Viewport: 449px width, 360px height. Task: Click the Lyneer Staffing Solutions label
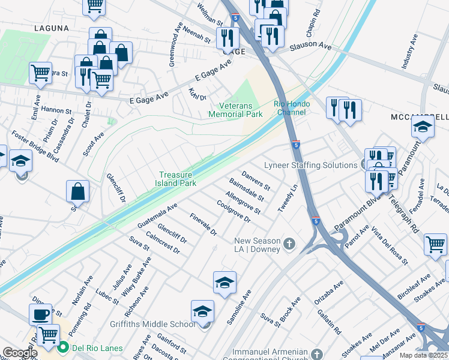pos(310,165)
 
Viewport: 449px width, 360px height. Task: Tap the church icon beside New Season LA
pos(289,244)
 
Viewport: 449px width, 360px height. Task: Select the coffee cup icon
pos(41,314)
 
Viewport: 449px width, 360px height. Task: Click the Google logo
pos(19,353)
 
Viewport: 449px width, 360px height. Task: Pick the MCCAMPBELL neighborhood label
pos(421,116)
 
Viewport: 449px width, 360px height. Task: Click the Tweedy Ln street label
pos(288,198)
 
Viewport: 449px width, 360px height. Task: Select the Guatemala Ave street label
pos(157,215)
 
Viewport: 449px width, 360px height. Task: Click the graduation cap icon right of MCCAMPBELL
pos(423,127)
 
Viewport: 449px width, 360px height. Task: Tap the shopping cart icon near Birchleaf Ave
pos(435,244)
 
